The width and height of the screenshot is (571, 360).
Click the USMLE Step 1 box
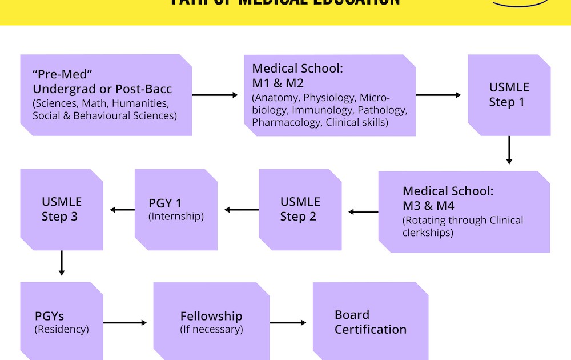509,95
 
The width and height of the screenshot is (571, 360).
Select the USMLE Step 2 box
300,209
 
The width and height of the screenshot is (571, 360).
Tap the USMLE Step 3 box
62,209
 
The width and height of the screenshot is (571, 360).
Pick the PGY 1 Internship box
176,209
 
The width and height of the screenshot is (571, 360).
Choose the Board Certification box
370,322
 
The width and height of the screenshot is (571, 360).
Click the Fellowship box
211,322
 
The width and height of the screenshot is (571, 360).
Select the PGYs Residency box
62,322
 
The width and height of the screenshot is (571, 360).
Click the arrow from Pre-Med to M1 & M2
215,95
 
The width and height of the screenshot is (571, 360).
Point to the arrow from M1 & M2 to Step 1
439,95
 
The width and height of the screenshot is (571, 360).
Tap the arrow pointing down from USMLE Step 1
509,150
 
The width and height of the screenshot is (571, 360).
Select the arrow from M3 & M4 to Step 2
363,212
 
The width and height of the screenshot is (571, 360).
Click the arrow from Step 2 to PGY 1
242,210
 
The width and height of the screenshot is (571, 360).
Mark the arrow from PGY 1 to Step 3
122,210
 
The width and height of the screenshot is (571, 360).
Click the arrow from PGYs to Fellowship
124,323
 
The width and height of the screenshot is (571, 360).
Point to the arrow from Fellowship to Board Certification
288,323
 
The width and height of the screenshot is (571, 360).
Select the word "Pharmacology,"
287,122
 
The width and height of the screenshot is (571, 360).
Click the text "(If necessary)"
211,329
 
